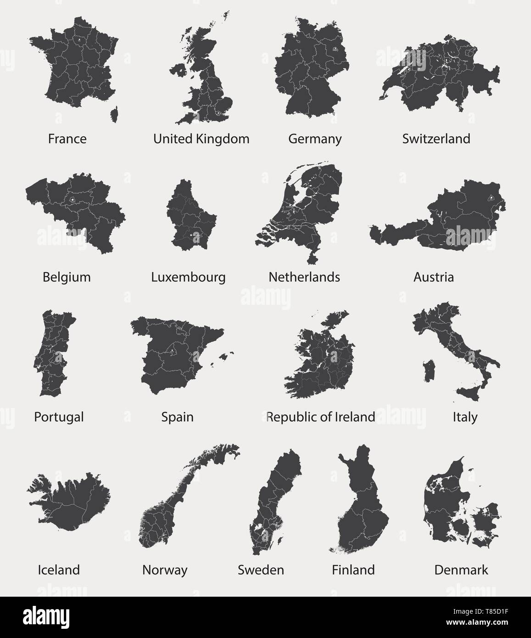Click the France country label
point(67,139)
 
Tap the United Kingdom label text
point(201,139)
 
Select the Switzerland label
point(436,139)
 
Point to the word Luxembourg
point(188,277)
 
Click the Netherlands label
point(304,277)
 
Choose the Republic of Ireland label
point(321,417)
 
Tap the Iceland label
point(59,570)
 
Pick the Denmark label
point(461,570)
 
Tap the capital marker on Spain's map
point(171,351)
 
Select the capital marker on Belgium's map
point(73,200)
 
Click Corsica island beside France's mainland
point(114,114)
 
